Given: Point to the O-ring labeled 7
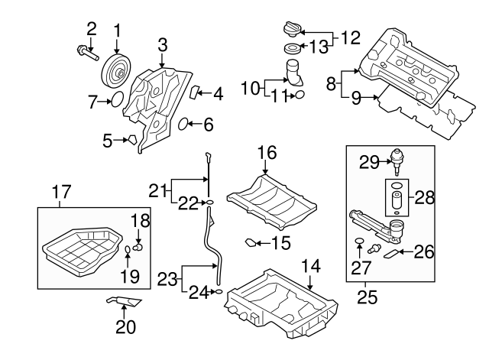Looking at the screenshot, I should [x=115, y=99].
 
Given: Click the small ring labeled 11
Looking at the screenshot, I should [x=300, y=96].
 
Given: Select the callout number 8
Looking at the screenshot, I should [x=332, y=82].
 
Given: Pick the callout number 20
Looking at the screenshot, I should [x=125, y=327].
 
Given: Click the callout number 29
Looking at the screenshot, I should [x=370, y=161].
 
